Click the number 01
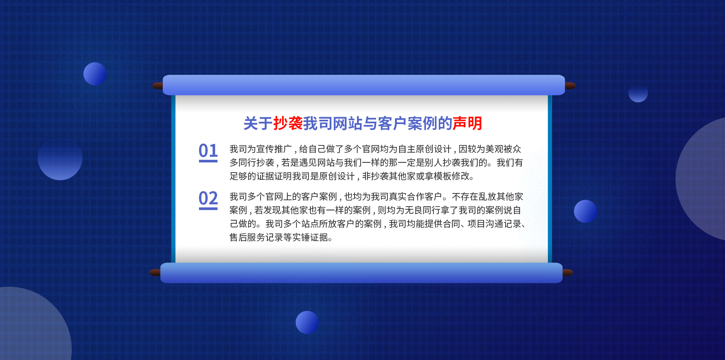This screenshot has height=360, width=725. point(208,150)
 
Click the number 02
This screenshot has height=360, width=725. point(208,198)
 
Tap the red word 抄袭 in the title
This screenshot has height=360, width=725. point(288,123)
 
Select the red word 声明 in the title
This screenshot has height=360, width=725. point(467,123)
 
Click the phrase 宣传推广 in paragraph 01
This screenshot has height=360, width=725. point(274,149)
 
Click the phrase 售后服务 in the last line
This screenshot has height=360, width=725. point(247,238)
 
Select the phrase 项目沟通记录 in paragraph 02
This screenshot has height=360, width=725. point(494,224)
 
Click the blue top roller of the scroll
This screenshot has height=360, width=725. point(364,85)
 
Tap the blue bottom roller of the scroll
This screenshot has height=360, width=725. point(361,273)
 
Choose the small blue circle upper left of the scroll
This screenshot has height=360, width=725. point(95,74)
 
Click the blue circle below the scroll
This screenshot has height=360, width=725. point(307,322)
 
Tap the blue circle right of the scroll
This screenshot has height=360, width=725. point(585,211)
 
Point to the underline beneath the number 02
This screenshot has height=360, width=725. point(208,209)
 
